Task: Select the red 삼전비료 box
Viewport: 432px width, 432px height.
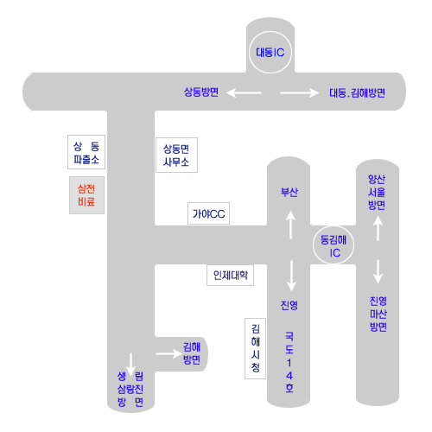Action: [x=86, y=195]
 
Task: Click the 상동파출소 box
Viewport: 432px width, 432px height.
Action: [x=86, y=152]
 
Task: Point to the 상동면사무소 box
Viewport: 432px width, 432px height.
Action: [x=176, y=155]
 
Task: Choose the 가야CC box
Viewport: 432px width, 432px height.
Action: [x=208, y=213]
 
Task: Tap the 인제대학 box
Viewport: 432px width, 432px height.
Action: [x=230, y=276]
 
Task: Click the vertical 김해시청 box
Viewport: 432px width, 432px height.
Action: [x=255, y=348]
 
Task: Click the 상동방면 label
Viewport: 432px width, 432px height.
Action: [x=201, y=92]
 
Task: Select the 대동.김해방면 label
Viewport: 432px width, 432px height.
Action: [x=357, y=93]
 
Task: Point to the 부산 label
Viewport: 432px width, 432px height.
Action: [x=289, y=192]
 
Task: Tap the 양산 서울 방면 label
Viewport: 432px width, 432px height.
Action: [x=377, y=192]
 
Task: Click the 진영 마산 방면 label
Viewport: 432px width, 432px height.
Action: [x=378, y=314]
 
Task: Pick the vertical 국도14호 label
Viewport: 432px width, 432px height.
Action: [x=289, y=362]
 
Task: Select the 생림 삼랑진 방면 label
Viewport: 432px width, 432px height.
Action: [x=130, y=389]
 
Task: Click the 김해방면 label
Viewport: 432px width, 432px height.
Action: [x=192, y=353]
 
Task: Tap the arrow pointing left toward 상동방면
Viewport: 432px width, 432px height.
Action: [x=244, y=92]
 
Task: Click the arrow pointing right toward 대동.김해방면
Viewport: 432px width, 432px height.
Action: [x=300, y=92]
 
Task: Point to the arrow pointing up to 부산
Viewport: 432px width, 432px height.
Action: [x=290, y=225]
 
